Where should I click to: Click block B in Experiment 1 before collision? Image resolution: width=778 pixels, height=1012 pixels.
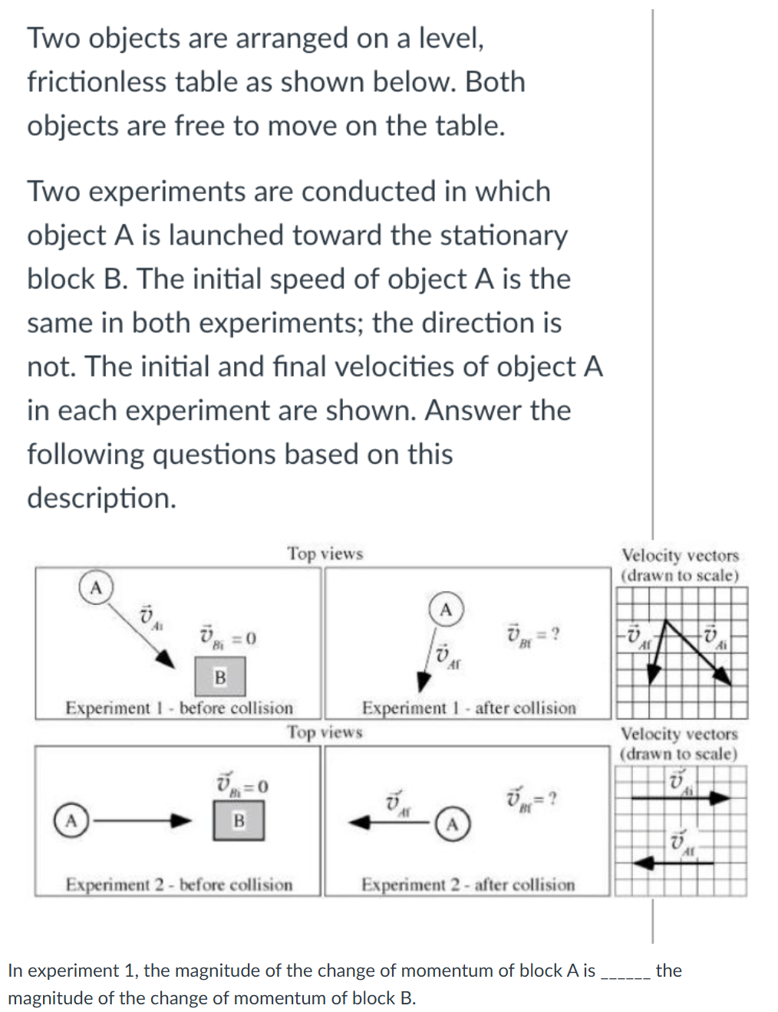click(220, 677)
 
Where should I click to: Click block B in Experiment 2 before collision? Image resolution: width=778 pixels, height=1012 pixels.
click(239, 820)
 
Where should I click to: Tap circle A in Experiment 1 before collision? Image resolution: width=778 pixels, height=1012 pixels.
click(96, 588)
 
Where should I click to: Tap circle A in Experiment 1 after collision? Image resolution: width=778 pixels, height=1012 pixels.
click(446, 609)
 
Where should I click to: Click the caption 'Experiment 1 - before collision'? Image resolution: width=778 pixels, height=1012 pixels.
click(179, 708)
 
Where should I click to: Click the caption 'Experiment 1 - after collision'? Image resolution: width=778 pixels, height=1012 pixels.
click(469, 708)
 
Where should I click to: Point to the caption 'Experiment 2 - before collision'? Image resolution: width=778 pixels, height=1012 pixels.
click(179, 885)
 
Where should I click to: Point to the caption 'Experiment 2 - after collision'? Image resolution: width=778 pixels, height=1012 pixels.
click(468, 885)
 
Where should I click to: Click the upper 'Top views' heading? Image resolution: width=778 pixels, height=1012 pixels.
click(325, 554)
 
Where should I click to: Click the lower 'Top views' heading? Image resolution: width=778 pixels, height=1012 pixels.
click(325, 732)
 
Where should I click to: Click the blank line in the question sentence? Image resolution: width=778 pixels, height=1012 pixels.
click(626, 972)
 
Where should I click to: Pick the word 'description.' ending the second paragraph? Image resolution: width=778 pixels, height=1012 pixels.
click(101, 498)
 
